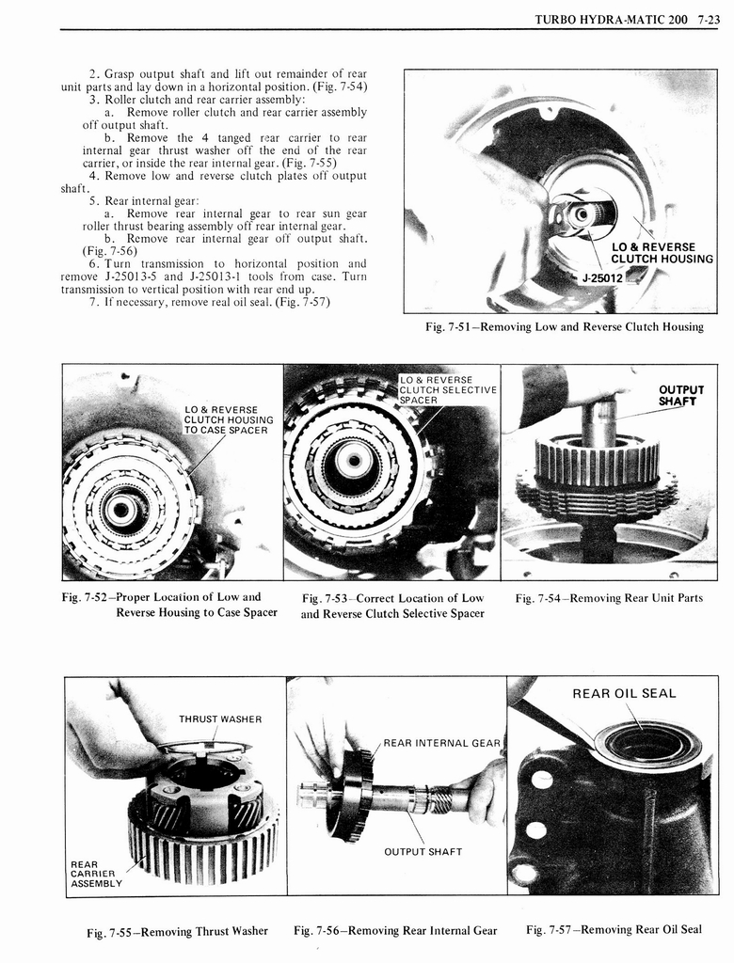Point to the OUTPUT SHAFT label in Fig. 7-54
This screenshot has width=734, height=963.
[681, 395]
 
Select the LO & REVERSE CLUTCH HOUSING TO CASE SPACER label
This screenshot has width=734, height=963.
[229, 420]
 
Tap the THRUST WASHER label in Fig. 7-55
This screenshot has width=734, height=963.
[220, 719]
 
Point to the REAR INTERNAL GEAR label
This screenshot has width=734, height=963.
[441, 743]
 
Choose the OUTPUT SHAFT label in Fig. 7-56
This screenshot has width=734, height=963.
[423, 852]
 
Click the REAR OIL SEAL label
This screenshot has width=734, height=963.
[624, 694]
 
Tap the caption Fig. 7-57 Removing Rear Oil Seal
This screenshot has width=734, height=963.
[614, 929]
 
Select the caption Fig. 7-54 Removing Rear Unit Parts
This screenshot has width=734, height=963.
[609, 598]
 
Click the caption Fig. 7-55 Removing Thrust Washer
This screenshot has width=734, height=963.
[177, 931]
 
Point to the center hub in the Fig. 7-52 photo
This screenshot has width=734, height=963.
[121, 511]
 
